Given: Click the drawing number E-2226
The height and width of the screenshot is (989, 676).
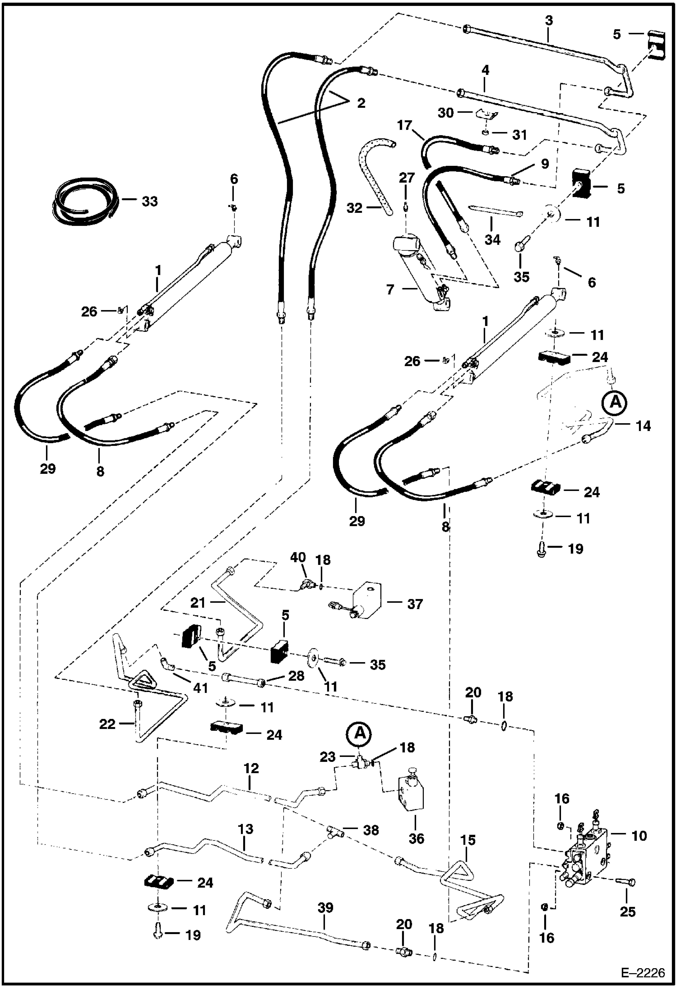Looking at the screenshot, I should point(643,973).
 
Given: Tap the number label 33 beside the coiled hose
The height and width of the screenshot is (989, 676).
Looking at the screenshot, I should point(149,201).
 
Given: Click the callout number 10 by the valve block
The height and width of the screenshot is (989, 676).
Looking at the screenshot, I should point(639,836).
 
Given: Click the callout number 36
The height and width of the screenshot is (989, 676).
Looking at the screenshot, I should point(416,838).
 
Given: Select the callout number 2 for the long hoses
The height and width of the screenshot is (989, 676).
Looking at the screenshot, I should point(361,103).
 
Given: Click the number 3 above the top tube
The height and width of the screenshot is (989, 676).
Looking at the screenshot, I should point(548,21).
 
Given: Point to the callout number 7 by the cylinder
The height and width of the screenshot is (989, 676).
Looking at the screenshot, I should point(390,289).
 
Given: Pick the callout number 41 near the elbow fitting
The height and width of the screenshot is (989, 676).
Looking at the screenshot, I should point(200,688).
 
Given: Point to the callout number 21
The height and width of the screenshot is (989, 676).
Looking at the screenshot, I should point(198,603).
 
